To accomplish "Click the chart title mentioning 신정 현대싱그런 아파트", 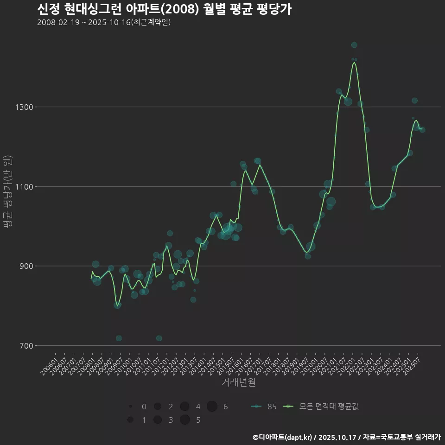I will click(164, 9).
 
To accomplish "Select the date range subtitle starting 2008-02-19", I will click(104, 22).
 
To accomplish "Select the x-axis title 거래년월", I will click(239, 382).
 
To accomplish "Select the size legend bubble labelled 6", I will click(212, 407).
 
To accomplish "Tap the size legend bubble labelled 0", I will click(130, 407).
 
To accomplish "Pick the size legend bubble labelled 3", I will click(158, 420).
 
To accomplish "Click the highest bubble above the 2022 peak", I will click(354, 45).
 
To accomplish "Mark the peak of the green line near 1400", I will click(354, 62).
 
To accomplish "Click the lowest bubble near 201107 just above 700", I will click(159, 338).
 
